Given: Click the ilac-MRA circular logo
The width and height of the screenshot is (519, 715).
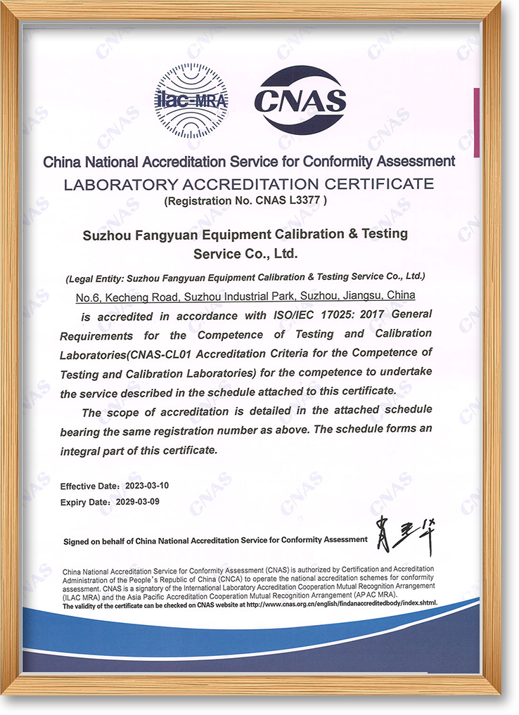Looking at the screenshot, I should click(191, 100).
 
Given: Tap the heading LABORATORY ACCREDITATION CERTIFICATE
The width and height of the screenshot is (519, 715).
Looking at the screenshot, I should click(248, 184).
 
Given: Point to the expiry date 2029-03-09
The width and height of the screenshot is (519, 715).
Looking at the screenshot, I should click(139, 502).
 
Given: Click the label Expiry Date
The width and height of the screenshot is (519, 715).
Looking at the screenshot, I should click(84, 502).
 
